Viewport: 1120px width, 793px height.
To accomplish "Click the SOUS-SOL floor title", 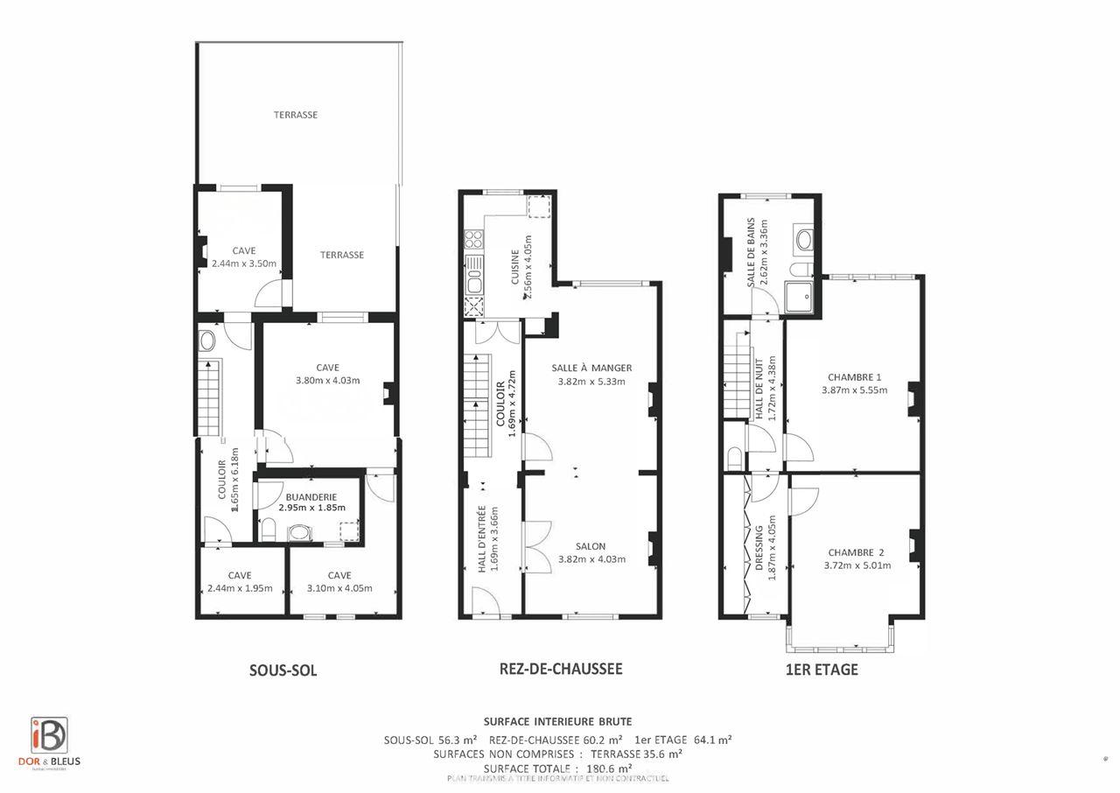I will tap(283, 671).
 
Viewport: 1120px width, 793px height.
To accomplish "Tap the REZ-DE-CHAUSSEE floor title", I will tap(560, 669).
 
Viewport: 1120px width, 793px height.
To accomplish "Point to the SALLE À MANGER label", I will tap(591, 368).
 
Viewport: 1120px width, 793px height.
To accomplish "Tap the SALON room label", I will tap(591, 546).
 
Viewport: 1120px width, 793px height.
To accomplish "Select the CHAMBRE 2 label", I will tap(857, 552).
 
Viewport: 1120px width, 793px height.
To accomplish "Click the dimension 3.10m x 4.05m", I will tap(339, 588).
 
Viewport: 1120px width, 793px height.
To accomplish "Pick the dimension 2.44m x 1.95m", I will tap(240, 588).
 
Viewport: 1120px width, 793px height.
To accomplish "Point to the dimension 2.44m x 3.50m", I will tap(244, 263).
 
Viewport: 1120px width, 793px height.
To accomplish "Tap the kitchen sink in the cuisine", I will tap(473, 281).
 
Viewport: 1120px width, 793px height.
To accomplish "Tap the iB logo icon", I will tap(48, 735).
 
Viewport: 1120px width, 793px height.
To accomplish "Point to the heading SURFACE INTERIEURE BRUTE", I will tap(557, 722).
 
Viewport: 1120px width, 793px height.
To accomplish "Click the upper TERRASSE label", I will tap(295, 115).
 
